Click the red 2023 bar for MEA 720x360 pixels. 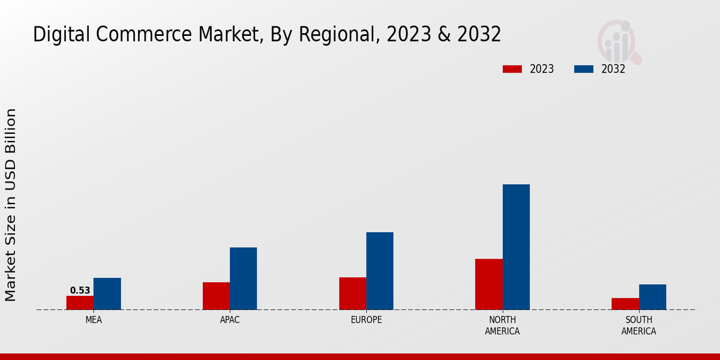(x=80, y=302)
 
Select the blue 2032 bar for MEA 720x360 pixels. (x=107, y=293)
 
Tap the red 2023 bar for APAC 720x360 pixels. (x=216, y=296)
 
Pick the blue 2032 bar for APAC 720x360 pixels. (x=243, y=278)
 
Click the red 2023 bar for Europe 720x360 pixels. (x=352, y=293)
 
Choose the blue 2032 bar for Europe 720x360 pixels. (x=380, y=271)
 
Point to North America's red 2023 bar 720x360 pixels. (x=488, y=284)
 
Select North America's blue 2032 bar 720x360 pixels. (x=516, y=247)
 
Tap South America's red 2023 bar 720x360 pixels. (x=625, y=304)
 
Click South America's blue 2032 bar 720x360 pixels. (x=652, y=297)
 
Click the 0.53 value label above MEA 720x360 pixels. (x=80, y=290)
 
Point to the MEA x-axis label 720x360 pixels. (x=94, y=320)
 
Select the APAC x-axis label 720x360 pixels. (x=230, y=320)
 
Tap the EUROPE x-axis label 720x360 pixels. (x=366, y=320)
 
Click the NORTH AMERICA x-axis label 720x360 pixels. (x=502, y=325)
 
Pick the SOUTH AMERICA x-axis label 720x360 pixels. (x=638, y=325)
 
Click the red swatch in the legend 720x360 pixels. (x=512, y=69)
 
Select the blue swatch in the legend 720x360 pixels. (x=583, y=69)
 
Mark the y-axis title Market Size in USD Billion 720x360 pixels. (x=11, y=205)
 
